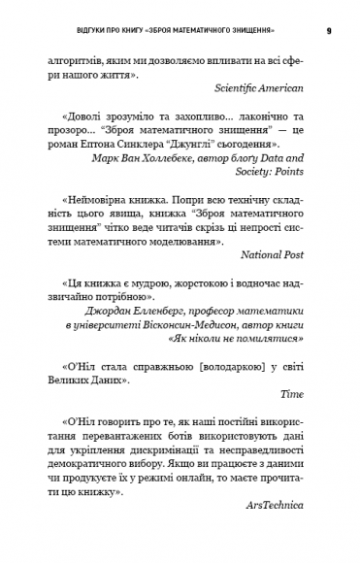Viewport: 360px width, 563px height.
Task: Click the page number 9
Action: click(x=329, y=30)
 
